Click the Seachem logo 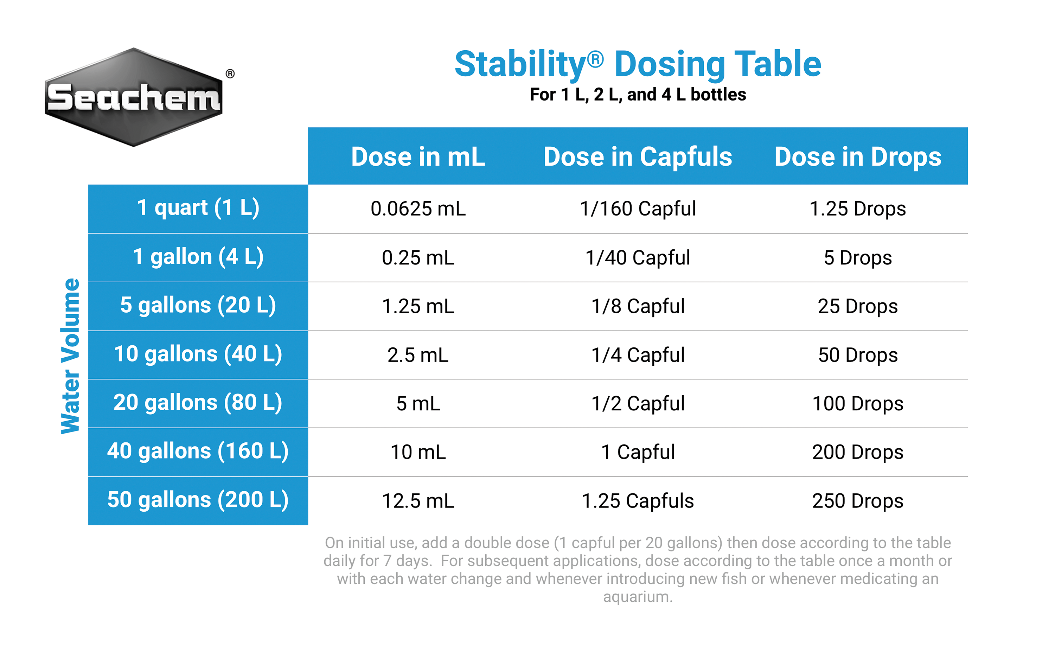134,98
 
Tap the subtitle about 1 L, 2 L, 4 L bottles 638,95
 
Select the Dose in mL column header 418,157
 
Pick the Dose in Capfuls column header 638,157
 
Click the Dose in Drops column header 858,157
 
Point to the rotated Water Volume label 71,356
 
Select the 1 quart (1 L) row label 198,209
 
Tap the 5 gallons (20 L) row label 198,306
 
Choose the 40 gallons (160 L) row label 198,452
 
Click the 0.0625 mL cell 418,209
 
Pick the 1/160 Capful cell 638,209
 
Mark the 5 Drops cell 858,258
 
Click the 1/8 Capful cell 638,307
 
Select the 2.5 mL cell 418,355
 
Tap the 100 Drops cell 858,404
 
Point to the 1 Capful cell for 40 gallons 638,453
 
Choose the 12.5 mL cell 418,501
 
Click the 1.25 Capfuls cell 638,501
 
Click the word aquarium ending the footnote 638,596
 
